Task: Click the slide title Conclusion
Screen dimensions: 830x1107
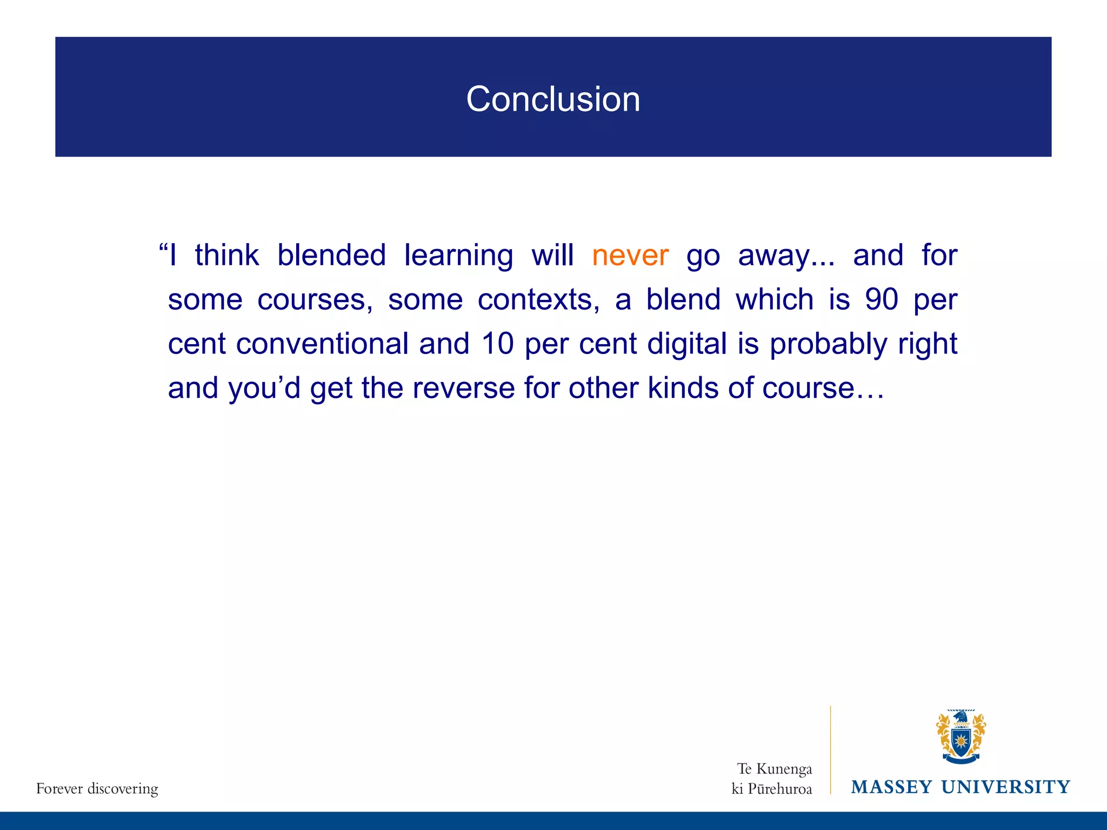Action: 553,99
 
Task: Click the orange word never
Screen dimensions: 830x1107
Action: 630,256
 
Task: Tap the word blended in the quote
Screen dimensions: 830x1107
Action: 331,255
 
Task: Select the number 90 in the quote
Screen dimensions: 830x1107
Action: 881,299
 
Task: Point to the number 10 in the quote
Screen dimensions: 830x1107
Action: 497,344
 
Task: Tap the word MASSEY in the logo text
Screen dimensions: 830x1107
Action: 891,787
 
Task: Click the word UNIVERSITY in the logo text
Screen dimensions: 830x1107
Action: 1005,787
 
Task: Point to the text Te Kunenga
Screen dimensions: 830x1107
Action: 774,769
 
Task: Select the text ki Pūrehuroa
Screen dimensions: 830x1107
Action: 771,789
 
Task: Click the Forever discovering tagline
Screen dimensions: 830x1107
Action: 97,788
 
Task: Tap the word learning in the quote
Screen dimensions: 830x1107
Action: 458,256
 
